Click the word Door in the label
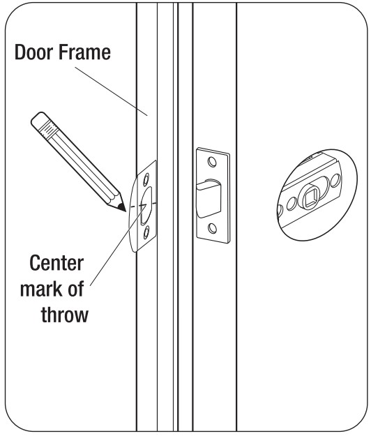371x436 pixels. click(x=33, y=52)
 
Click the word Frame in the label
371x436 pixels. click(x=85, y=52)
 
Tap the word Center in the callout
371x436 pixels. click(x=56, y=263)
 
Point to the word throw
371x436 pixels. click(x=65, y=315)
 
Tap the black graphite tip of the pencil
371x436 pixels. click(x=122, y=207)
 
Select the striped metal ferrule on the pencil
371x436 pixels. click(x=50, y=130)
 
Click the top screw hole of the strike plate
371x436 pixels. click(x=146, y=179)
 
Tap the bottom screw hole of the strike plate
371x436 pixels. click(x=146, y=232)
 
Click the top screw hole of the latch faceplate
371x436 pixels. click(x=212, y=162)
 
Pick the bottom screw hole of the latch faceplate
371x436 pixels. click(x=213, y=228)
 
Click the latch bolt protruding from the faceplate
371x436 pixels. click(x=209, y=199)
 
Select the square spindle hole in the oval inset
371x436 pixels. click(x=310, y=200)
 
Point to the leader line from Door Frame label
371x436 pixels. click(x=111, y=91)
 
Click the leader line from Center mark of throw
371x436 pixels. click(x=118, y=246)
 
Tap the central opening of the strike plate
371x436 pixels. click(x=146, y=206)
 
